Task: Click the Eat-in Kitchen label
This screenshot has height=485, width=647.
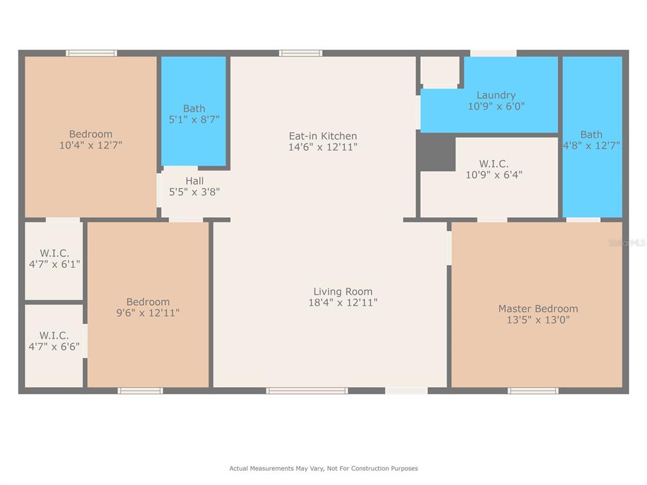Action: (323, 136)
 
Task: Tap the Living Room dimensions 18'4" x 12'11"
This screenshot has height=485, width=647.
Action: (343, 302)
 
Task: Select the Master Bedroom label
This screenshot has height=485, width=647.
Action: (538, 308)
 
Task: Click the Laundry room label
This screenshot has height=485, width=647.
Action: (496, 95)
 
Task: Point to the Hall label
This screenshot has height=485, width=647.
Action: (195, 181)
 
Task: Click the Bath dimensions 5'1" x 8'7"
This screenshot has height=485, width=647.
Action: (194, 119)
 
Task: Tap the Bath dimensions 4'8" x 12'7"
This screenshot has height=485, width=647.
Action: (591, 146)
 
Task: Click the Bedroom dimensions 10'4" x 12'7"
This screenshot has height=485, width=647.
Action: (91, 145)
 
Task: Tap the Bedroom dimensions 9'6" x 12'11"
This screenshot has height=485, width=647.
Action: (148, 313)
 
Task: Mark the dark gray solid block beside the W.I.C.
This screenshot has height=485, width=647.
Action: (437, 152)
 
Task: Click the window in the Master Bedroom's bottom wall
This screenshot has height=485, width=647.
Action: (533, 390)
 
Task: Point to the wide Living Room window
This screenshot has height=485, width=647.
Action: (306, 390)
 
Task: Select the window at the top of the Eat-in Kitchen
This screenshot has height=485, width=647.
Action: (300, 53)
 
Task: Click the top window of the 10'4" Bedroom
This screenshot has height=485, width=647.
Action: (91, 53)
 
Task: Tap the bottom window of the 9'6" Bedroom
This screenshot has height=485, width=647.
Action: (140, 390)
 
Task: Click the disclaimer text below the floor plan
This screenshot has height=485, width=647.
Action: (323, 469)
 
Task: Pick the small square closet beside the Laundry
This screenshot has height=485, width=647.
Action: (440, 71)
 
